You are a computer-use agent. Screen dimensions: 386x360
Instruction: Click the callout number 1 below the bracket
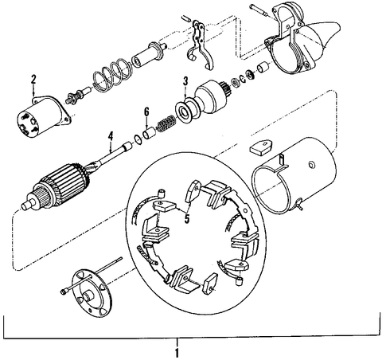(x=177, y=353)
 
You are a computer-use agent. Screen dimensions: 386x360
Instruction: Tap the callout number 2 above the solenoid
(x=33, y=80)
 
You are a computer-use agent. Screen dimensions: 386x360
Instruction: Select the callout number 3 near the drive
(x=185, y=81)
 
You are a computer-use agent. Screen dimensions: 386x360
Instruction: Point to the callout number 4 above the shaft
(x=111, y=136)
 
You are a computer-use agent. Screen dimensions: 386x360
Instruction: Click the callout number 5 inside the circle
(x=187, y=219)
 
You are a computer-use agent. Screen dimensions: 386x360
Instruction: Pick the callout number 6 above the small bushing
(x=146, y=112)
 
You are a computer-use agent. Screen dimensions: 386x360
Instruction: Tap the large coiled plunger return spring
(x=112, y=75)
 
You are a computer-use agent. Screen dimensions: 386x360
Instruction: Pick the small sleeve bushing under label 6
(x=149, y=132)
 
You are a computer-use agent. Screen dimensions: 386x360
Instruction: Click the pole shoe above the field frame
(x=261, y=147)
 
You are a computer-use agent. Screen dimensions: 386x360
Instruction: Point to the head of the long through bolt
(x=64, y=292)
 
